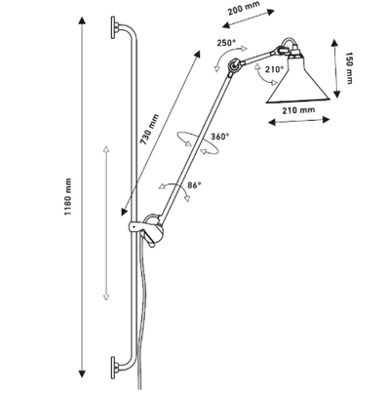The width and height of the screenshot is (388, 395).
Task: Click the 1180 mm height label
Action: coord(67,197)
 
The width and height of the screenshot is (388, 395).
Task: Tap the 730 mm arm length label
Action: coord(149,129)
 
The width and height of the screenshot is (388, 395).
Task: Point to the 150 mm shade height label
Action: coord(348,68)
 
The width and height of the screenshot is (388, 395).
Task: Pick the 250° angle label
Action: coord(226,43)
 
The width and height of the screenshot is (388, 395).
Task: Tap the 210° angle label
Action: coord(275,69)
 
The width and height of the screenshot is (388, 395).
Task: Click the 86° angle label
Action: coord(194,185)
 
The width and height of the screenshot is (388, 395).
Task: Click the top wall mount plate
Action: coord(113,27)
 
